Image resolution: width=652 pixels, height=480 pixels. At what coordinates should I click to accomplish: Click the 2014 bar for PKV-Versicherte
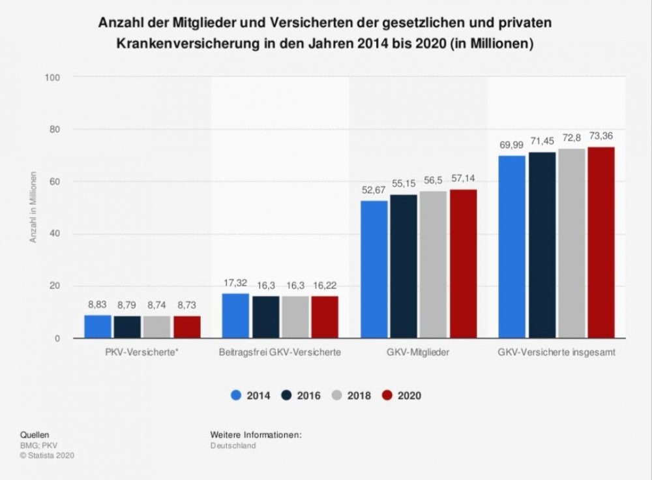[98, 327]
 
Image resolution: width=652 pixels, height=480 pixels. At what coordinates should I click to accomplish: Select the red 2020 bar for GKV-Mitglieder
[462, 263]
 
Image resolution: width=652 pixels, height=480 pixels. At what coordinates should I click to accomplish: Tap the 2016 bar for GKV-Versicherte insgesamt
[542, 245]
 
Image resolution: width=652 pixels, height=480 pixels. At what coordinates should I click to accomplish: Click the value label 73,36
[600, 136]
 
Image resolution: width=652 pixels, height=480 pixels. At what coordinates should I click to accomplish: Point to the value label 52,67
[373, 190]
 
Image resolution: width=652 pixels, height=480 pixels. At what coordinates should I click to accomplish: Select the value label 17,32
[235, 283]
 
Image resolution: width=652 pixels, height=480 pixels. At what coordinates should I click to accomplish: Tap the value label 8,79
[128, 305]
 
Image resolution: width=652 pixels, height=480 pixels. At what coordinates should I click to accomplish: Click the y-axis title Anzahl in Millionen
[33, 208]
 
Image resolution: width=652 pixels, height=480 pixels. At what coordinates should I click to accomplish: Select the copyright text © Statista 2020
[48, 456]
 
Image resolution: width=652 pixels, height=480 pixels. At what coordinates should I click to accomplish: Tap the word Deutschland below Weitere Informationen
[233, 445]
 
